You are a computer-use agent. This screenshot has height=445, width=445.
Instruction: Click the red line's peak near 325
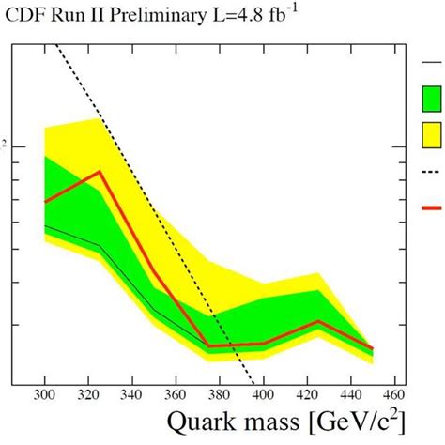coord(100,172)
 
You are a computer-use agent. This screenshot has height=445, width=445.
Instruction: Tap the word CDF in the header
coord(25,16)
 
